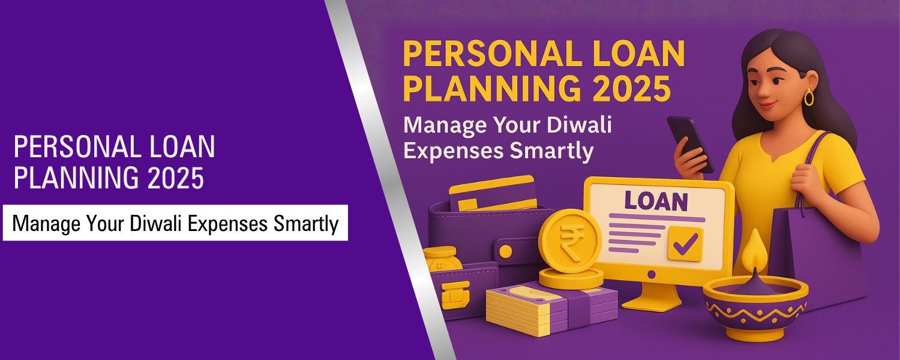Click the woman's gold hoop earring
(x=809, y=97)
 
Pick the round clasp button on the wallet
(x=506, y=250)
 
